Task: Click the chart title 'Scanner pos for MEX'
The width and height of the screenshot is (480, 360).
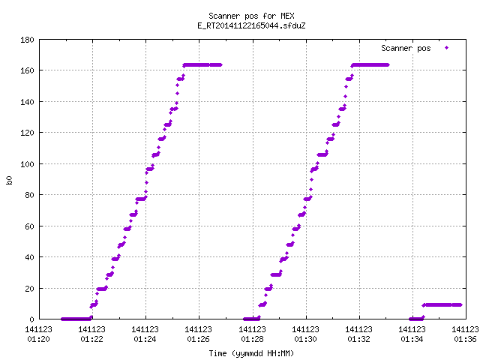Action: tap(251, 16)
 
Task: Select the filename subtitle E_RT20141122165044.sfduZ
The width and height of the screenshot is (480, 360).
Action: tap(251, 25)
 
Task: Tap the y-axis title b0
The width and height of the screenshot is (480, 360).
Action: tap(10, 180)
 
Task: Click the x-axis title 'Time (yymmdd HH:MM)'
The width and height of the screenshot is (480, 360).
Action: tap(251, 353)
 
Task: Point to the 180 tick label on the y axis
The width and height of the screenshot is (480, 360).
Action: tap(27, 40)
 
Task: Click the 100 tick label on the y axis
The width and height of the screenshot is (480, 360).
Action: tap(27, 164)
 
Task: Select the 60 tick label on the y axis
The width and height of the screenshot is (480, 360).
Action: tap(29, 226)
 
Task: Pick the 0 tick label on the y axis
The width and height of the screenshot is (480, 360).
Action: tap(31, 319)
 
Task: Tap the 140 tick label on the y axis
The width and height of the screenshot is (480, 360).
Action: tap(27, 102)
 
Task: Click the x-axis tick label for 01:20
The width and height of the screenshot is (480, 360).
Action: tap(38, 334)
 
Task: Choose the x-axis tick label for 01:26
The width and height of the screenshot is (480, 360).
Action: tap(198, 334)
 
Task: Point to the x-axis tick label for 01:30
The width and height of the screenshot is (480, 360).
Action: tap(305, 334)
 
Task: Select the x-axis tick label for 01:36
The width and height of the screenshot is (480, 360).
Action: tap(465, 334)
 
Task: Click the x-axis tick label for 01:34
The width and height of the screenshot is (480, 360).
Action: tap(412, 334)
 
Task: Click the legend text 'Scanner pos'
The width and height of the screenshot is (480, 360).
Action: tap(406, 48)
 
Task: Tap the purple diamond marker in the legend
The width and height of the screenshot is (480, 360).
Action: tap(447, 48)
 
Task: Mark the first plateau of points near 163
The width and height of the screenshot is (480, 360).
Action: tap(202, 65)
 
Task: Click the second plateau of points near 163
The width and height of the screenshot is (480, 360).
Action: tap(370, 65)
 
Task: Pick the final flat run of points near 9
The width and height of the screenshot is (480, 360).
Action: tap(442, 305)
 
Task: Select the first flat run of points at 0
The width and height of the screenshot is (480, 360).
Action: tap(76, 319)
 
